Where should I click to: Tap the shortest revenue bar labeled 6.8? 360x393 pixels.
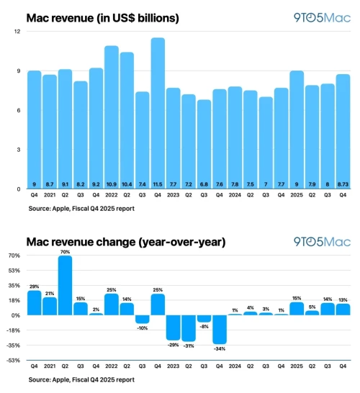(204, 144)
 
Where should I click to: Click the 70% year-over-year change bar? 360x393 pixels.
(65, 285)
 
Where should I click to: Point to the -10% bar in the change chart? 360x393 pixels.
(143, 319)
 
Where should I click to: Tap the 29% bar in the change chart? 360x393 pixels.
(34, 303)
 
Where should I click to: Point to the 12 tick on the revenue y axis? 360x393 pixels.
(15, 32)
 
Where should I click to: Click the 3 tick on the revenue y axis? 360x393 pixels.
(17, 150)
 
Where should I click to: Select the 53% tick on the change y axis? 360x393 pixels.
(13, 270)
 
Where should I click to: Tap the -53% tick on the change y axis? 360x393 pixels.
(12, 360)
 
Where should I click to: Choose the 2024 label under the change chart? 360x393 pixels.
(235, 368)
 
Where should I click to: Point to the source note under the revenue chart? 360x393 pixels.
(81, 209)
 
